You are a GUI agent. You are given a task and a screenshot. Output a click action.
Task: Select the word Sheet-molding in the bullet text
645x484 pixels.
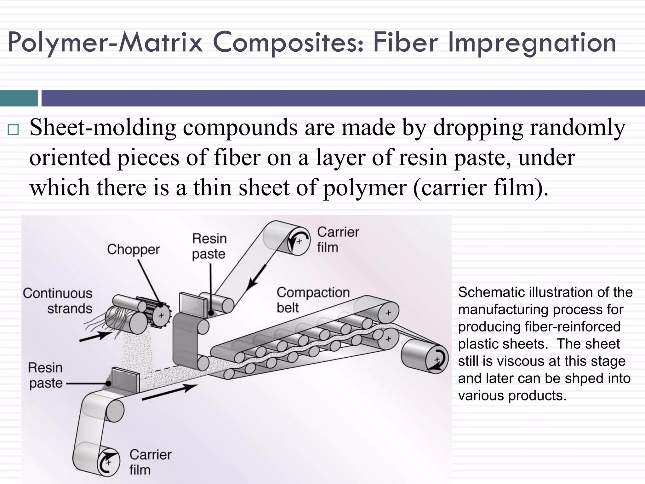coord(103,128)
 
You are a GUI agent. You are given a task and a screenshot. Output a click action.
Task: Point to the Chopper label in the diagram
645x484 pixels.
coord(133,250)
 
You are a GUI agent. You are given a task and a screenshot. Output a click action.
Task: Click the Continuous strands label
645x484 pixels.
coord(58,301)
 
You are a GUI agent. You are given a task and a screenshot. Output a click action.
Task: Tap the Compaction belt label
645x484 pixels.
coord(313,300)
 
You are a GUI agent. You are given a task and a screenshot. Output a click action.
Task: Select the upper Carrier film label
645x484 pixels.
coord(338,239)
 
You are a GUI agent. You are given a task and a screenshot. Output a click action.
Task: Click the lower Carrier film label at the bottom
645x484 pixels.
coord(150,462)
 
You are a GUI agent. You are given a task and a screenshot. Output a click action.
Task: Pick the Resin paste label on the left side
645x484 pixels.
coord(46,375)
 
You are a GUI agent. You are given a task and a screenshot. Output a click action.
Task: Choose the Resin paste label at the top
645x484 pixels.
coord(209,246)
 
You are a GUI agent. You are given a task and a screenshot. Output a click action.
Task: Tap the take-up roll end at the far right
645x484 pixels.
coord(437,360)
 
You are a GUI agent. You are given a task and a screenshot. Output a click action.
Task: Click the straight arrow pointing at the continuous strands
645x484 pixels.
coord(94,337)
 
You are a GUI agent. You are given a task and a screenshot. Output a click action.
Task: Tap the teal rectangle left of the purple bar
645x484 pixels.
coord(19,98)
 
